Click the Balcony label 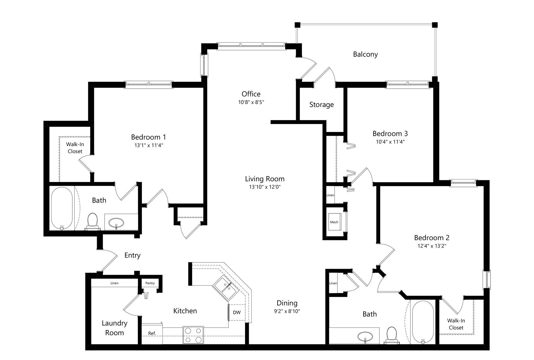tap(365, 55)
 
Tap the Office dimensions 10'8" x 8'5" tap(251, 102)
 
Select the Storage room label tap(322, 105)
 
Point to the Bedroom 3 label tap(390, 134)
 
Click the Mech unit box tap(334, 222)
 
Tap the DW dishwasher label tap(237, 312)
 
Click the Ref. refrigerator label tap(152, 333)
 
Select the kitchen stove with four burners tap(193, 335)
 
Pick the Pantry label tap(150, 283)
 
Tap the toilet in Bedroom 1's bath tap(92, 222)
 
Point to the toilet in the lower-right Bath tap(392, 335)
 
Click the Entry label tap(132, 255)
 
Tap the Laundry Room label tap(114, 328)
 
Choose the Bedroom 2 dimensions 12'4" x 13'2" tap(432, 246)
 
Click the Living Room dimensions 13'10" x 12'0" tap(265, 187)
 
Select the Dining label tap(287, 303)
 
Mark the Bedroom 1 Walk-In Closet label tap(75, 148)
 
